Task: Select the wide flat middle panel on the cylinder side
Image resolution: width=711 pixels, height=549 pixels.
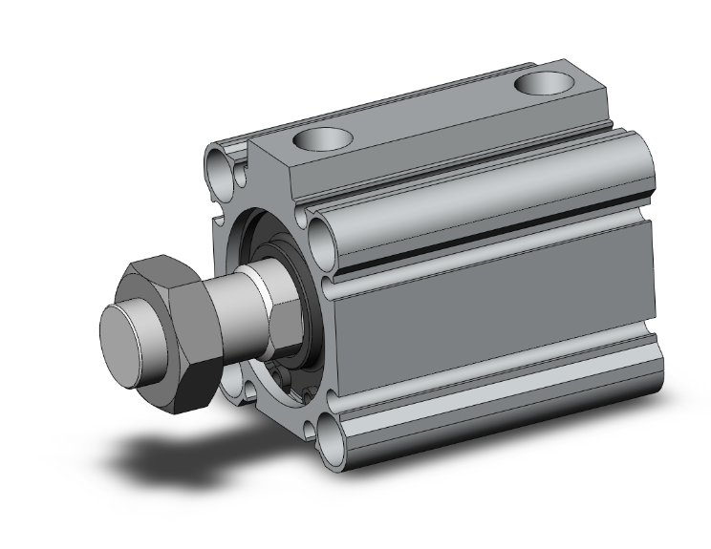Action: [x=487, y=320]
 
